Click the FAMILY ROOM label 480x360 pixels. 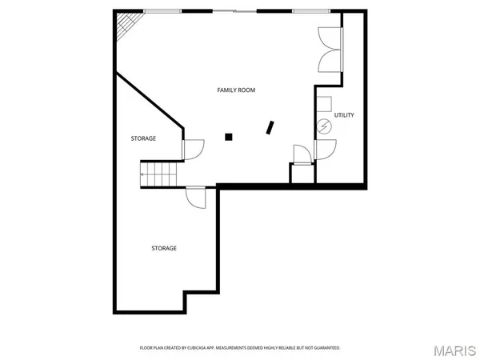click(x=236, y=90)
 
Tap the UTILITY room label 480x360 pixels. click(x=344, y=115)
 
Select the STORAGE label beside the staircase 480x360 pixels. click(x=143, y=138)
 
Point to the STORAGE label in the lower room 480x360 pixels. click(x=164, y=248)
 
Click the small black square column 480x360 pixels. click(x=229, y=137)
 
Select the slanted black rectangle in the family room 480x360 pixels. click(x=271, y=127)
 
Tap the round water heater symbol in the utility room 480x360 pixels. click(x=324, y=126)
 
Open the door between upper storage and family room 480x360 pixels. click(x=193, y=149)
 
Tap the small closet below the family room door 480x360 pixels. click(x=302, y=174)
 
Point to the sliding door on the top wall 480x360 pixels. click(x=234, y=10)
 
